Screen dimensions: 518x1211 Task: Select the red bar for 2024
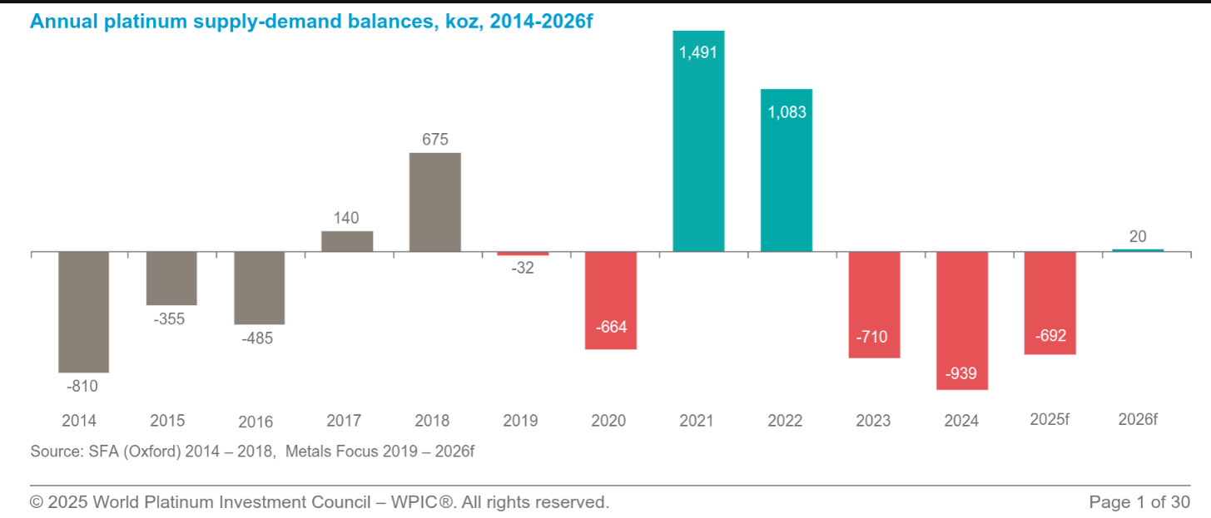[x=961, y=320]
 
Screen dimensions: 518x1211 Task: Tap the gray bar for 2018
[x=434, y=202]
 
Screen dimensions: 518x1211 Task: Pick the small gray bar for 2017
[x=347, y=241]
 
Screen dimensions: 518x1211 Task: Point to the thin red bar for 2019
[x=523, y=254]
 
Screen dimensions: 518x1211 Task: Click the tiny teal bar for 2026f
[x=1138, y=250]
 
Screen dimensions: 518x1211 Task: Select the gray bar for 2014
[x=83, y=312]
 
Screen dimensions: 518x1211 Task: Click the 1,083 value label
[x=787, y=111]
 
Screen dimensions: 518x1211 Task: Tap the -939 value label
[x=961, y=373]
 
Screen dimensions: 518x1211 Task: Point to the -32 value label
[x=523, y=269]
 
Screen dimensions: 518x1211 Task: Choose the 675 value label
[x=434, y=139]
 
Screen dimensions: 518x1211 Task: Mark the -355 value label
[x=170, y=319]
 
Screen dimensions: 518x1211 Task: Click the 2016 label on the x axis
[x=256, y=422]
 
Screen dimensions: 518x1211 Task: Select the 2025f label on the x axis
[x=1049, y=420]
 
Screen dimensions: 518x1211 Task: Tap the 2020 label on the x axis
[x=608, y=421]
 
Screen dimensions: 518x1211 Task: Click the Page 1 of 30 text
[x=1139, y=502]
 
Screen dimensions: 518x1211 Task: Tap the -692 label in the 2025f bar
[x=1050, y=337]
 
